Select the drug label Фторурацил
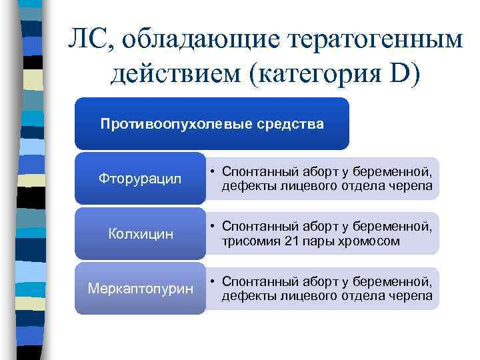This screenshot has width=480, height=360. (x=140, y=179)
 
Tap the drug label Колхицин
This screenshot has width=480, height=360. (x=140, y=235)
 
